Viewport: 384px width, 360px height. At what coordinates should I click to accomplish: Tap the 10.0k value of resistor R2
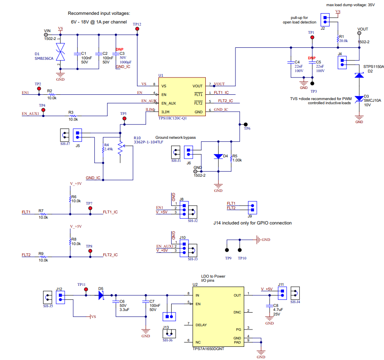(52, 98)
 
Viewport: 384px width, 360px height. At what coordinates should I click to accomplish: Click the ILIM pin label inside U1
(165, 112)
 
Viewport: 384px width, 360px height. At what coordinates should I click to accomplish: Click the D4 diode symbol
(218, 156)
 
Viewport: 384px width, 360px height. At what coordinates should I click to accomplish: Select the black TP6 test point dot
(246, 124)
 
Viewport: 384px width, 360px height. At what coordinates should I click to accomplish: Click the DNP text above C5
(312, 58)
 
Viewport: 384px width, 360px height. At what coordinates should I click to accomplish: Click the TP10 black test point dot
(240, 250)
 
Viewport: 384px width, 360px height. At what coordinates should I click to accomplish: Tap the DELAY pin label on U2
(201, 325)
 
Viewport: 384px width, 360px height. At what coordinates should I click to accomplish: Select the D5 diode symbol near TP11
(101, 295)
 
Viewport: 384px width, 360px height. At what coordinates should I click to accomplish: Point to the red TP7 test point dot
(90, 208)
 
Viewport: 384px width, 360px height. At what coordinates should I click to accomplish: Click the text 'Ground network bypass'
(176, 138)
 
